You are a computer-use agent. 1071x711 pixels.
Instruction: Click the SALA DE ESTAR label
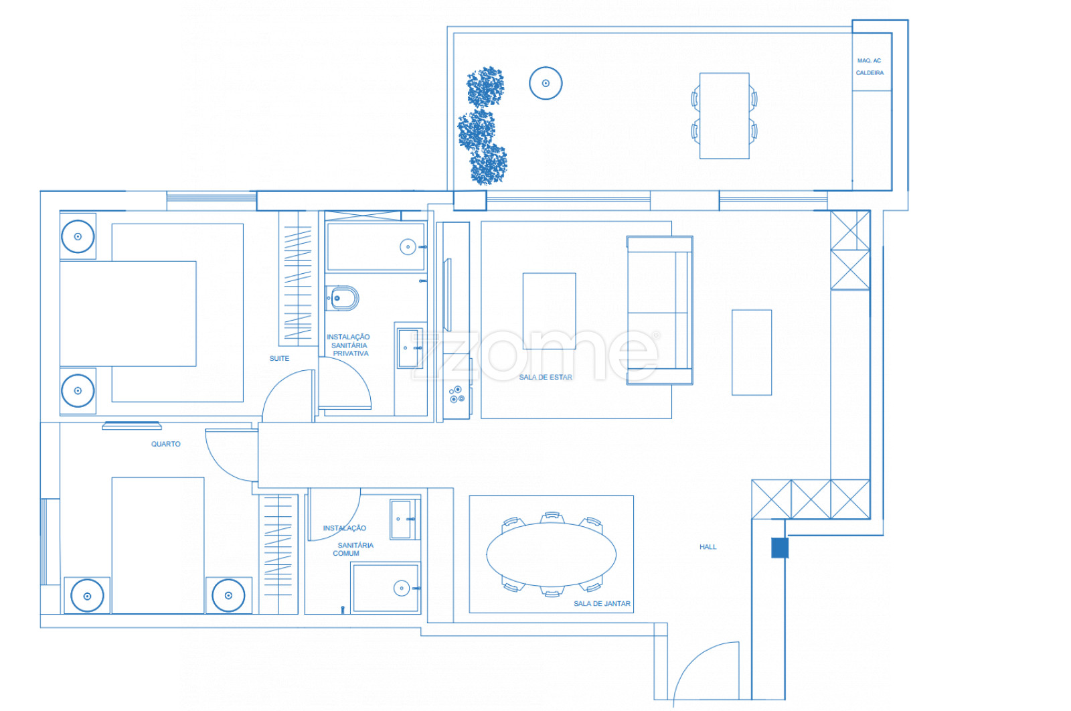pos(546,377)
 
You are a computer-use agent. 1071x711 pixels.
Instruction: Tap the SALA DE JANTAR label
pos(602,604)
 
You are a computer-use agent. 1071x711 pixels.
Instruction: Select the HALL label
pos(708,547)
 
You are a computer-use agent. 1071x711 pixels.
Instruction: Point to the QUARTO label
pos(166,444)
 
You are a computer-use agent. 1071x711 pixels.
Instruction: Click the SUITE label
pos(279,359)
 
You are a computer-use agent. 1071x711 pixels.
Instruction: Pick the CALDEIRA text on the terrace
pos(870,73)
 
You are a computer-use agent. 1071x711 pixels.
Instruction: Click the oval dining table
pos(552,554)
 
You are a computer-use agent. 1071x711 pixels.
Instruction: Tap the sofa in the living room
pos(660,311)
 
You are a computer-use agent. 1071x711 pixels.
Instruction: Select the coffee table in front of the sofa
pos(550,311)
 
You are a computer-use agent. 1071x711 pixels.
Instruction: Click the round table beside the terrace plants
pos(546,83)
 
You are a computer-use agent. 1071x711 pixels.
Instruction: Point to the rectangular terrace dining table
pos(724,116)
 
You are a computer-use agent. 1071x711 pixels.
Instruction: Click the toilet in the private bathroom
pos(342,299)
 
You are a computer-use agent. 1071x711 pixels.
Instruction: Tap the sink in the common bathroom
pos(402,520)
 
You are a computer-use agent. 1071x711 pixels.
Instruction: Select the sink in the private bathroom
pos(409,348)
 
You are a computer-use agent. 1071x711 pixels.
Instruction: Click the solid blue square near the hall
pos(780,548)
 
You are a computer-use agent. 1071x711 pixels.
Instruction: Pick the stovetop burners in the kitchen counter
pos(457,395)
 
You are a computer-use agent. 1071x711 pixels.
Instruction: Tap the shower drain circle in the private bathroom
pos(408,247)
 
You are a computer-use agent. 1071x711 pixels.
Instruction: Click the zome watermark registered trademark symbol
pos(656,335)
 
